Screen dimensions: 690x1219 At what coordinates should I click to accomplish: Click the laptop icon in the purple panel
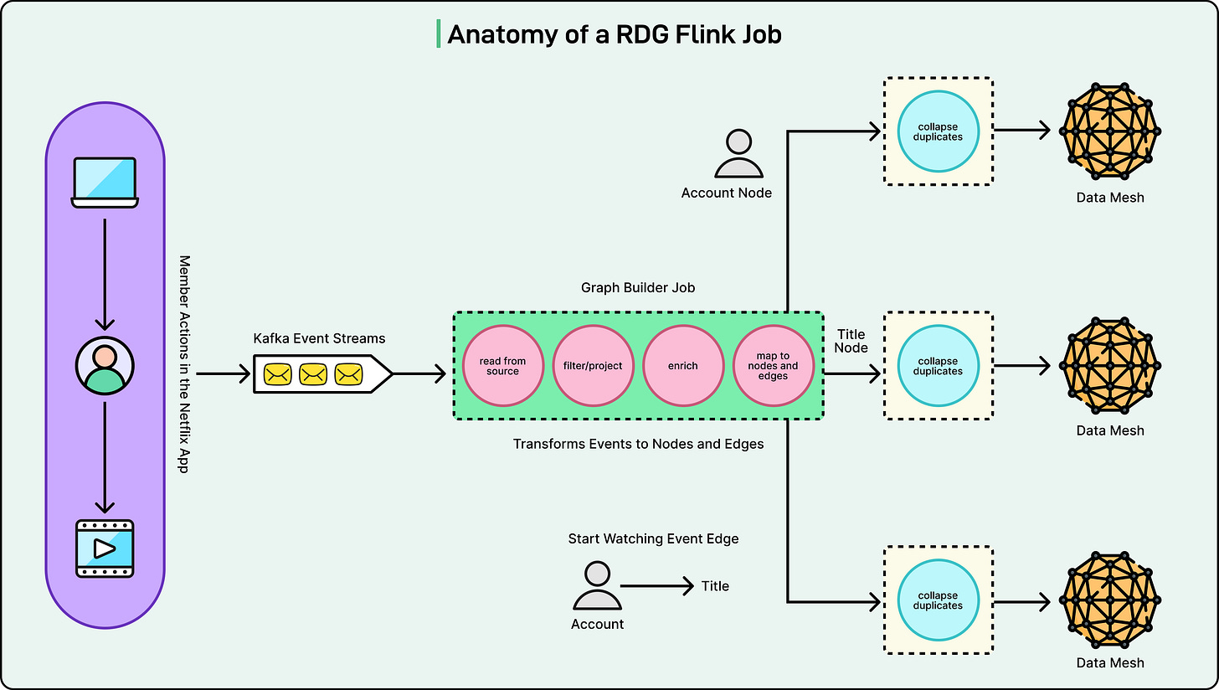pyautogui.click(x=105, y=181)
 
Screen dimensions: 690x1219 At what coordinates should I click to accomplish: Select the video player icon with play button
pyautogui.click(x=105, y=548)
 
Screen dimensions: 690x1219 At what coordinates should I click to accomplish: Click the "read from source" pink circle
pyautogui.click(x=502, y=366)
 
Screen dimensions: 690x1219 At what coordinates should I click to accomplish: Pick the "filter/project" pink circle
pyautogui.click(x=593, y=366)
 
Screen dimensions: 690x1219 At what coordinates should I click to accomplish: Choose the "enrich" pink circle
pyautogui.click(x=683, y=366)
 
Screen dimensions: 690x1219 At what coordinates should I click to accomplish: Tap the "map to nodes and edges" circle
pyautogui.click(x=773, y=366)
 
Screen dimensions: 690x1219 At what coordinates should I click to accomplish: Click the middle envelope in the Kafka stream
pyautogui.click(x=313, y=374)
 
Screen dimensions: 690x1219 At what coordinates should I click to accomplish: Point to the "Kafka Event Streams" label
pyautogui.click(x=319, y=338)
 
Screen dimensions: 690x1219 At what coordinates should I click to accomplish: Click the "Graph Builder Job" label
pyautogui.click(x=638, y=287)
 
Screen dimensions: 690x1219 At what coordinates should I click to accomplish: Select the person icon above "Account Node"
pyautogui.click(x=738, y=154)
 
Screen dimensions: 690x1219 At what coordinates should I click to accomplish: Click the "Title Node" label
pyautogui.click(x=851, y=341)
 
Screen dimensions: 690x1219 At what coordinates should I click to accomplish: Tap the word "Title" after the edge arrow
pyautogui.click(x=715, y=586)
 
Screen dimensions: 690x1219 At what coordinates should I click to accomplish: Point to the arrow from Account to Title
pyautogui.click(x=657, y=586)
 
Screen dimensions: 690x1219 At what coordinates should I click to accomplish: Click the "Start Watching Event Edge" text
pyautogui.click(x=653, y=538)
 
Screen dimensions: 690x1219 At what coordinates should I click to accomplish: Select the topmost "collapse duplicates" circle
pyautogui.click(x=938, y=131)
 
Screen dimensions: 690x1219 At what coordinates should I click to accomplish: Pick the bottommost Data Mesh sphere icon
pyautogui.click(x=1110, y=599)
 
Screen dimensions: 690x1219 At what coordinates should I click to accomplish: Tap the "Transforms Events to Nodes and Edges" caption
pyautogui.click(x=638, y=444)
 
